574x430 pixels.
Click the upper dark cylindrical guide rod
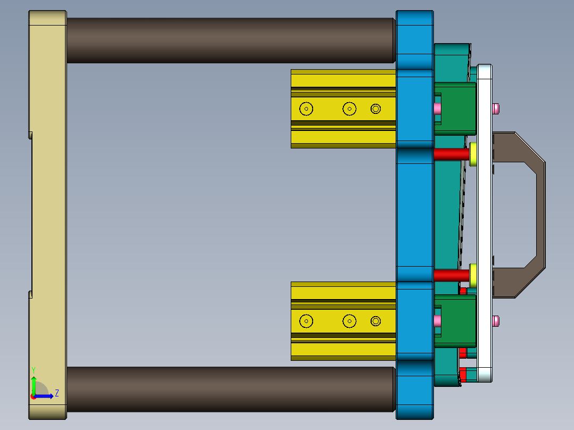coord(231,40)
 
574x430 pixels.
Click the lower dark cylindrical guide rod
coord(231,389)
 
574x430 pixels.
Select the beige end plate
coord(48,215)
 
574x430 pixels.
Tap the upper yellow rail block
coord(343,109)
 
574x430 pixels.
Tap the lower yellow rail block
coord(343,321)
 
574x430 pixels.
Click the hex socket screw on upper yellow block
coord(375,109)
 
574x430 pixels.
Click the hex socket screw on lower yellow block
coord(375,321)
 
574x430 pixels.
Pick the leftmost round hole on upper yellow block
coord(306,109)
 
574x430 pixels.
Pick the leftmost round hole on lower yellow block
coord(306,321)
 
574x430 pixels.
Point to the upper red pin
coord(452,154)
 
